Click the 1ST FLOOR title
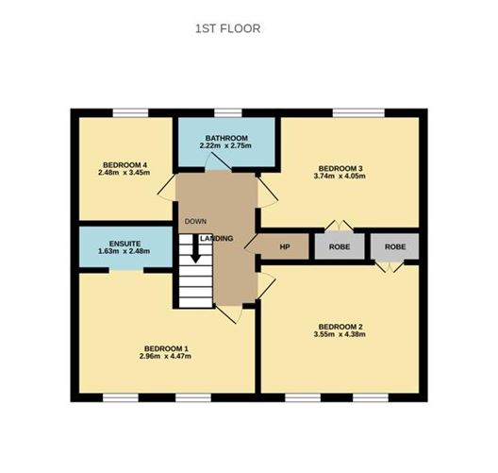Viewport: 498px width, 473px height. (227, 28)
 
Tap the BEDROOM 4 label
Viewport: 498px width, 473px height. (124, 165)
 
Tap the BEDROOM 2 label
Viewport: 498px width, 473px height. (339, 327)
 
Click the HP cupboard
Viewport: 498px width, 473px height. (285, 246)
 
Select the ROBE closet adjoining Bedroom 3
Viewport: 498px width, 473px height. (334, 246)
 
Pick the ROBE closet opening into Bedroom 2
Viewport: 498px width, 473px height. (394, 246)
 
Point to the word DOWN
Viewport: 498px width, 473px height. (195, 222)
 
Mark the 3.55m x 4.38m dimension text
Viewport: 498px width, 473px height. (339, 335)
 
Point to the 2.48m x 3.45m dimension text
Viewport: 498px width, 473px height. (124, 173)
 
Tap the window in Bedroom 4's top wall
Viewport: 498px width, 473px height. (131, 114)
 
